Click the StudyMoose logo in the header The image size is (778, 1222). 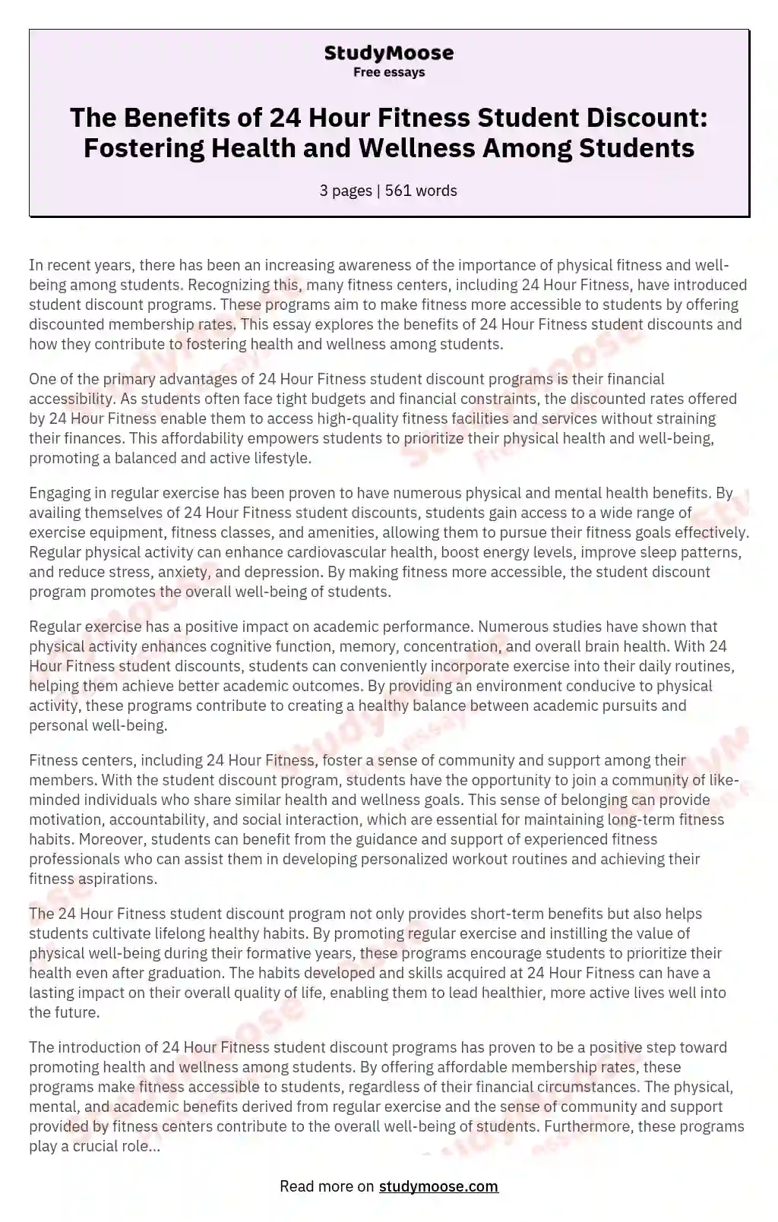pos(388,53)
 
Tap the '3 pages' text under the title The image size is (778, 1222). pos(346,191)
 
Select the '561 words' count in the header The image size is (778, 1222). pos(421,191)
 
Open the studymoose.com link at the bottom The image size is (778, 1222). pos(438,1186)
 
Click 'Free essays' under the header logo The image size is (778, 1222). pos(388,73)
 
